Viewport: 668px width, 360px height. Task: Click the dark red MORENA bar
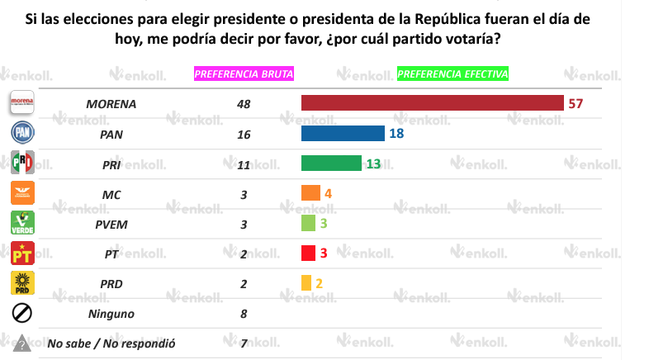[432, 103]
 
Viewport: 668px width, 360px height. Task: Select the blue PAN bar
[343, 134]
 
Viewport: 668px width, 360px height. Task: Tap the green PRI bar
[331, 163]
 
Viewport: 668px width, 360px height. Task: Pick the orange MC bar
[310, 193]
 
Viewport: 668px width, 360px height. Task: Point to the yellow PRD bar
[306, 282]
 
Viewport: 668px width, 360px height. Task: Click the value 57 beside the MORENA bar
[576, 103]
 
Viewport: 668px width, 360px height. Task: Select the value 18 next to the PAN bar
[396, 134]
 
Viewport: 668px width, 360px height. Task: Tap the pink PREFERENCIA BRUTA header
[244, 73]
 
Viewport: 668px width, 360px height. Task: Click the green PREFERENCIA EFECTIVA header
[452, 73]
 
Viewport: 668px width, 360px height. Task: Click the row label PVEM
[111, 224]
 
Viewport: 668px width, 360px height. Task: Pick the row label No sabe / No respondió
[111, 343]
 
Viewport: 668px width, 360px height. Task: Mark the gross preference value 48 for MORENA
[242, 105]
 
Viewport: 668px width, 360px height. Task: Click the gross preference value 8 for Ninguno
[242, 314]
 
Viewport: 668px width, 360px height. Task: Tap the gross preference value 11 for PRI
[242, 164]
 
